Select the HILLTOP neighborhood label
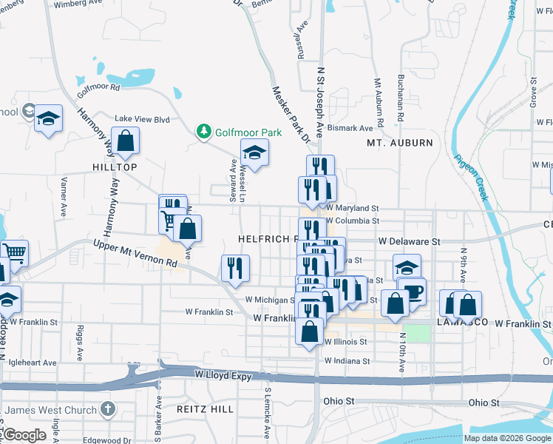(x=115, y=167)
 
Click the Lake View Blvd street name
(x=142, y=118)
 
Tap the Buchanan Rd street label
(x=400, y=101)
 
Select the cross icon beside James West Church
(x=108, y=409)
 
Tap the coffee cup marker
(x=413, y=290)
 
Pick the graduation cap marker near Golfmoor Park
(x=254, y=152)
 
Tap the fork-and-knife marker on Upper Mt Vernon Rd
(x=236, y=268)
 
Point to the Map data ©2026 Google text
(x=506, y=438)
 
